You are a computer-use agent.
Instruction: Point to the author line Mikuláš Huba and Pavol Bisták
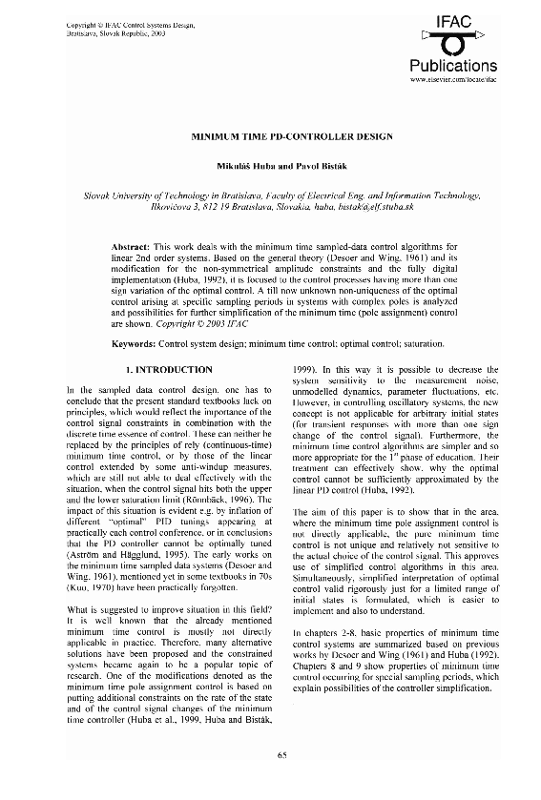(x=269, y=165)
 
